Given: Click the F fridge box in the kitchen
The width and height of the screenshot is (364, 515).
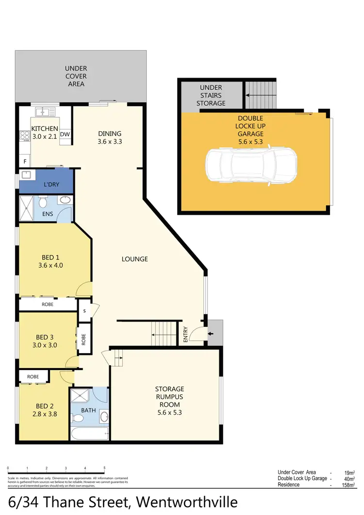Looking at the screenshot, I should click(23, 161).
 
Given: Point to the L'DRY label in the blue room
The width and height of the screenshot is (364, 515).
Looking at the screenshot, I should click(51, 185).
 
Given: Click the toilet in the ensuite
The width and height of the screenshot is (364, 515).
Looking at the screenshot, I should click(42, 201).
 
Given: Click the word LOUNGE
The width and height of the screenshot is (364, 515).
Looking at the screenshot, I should click(134, 259).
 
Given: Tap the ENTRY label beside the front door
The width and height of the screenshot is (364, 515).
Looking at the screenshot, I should click(185, 335).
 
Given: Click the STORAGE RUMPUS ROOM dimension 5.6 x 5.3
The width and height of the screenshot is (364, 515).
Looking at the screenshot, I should click(170, 413).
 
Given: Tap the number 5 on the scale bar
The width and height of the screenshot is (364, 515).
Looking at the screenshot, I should click(104, 468).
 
